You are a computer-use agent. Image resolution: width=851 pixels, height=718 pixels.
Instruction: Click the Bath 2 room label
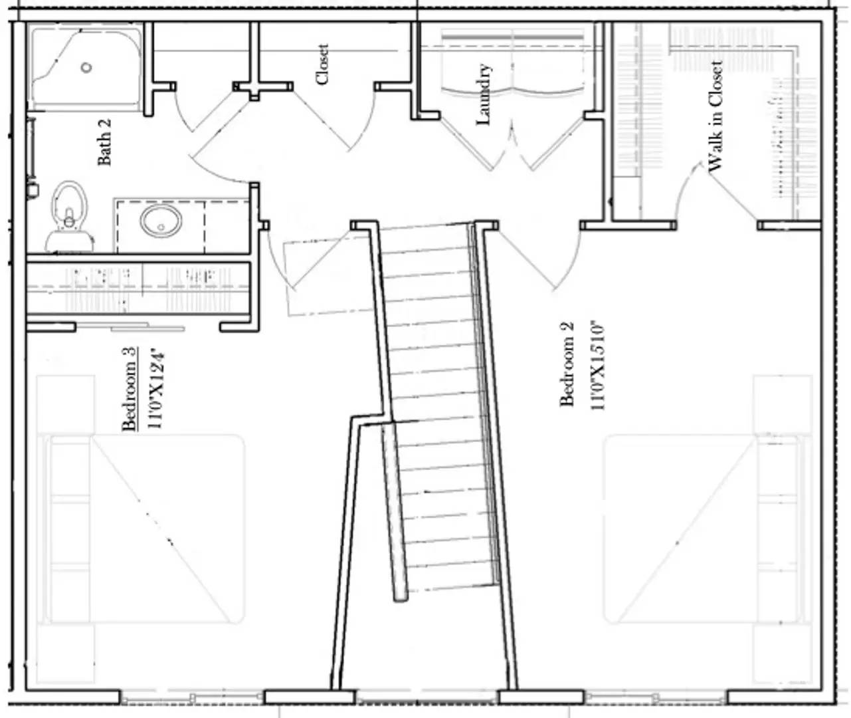tap(105, 142)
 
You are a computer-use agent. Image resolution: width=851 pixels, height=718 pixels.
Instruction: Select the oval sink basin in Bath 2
tap(160, 220)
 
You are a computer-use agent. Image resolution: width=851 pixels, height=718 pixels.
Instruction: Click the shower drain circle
tap(86, 67)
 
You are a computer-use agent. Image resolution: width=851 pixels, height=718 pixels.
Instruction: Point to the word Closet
tap(323, 64)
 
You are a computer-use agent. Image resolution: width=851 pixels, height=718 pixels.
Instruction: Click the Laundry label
tap(484, 94)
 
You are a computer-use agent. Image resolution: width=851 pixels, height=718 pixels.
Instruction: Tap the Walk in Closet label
tap(715, 116)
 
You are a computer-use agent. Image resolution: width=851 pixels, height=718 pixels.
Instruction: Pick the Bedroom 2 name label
tap(567, 363)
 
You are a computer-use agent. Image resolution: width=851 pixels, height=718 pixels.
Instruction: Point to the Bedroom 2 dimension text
tap(597, 366)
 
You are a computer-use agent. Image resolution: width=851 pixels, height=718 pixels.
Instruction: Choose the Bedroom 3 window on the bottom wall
tap(193, 697)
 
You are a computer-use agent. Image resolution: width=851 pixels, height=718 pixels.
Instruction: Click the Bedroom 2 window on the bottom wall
tap(658, 697)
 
